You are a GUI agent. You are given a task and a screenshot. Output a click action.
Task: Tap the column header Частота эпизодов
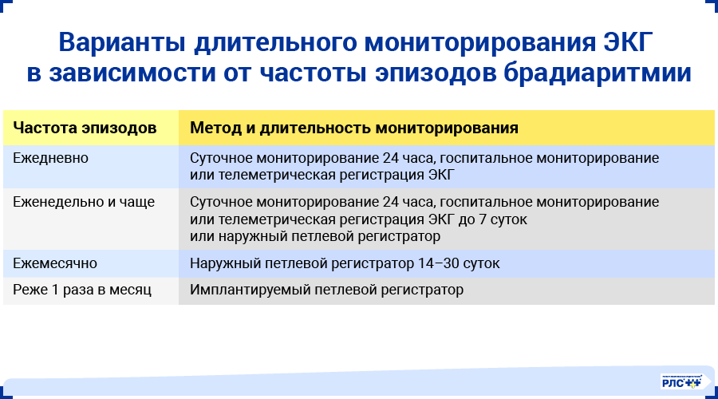pos(85,128)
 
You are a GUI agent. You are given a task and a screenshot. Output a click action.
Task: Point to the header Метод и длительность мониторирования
pos(354,128)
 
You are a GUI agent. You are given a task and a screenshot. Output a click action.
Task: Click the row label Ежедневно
pos(50,158)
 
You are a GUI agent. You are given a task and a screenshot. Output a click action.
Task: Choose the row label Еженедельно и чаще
pos(84,202)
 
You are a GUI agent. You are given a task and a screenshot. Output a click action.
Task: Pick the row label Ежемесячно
pos(55,263)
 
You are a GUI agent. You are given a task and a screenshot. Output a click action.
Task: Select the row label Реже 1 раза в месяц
pos(82,290)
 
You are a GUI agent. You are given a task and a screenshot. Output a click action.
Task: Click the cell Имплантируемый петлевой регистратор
pos(326,290)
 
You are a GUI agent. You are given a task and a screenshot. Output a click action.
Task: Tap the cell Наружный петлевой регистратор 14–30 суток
pos(345,263)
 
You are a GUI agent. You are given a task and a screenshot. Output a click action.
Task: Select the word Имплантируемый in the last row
pos(247,290)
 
